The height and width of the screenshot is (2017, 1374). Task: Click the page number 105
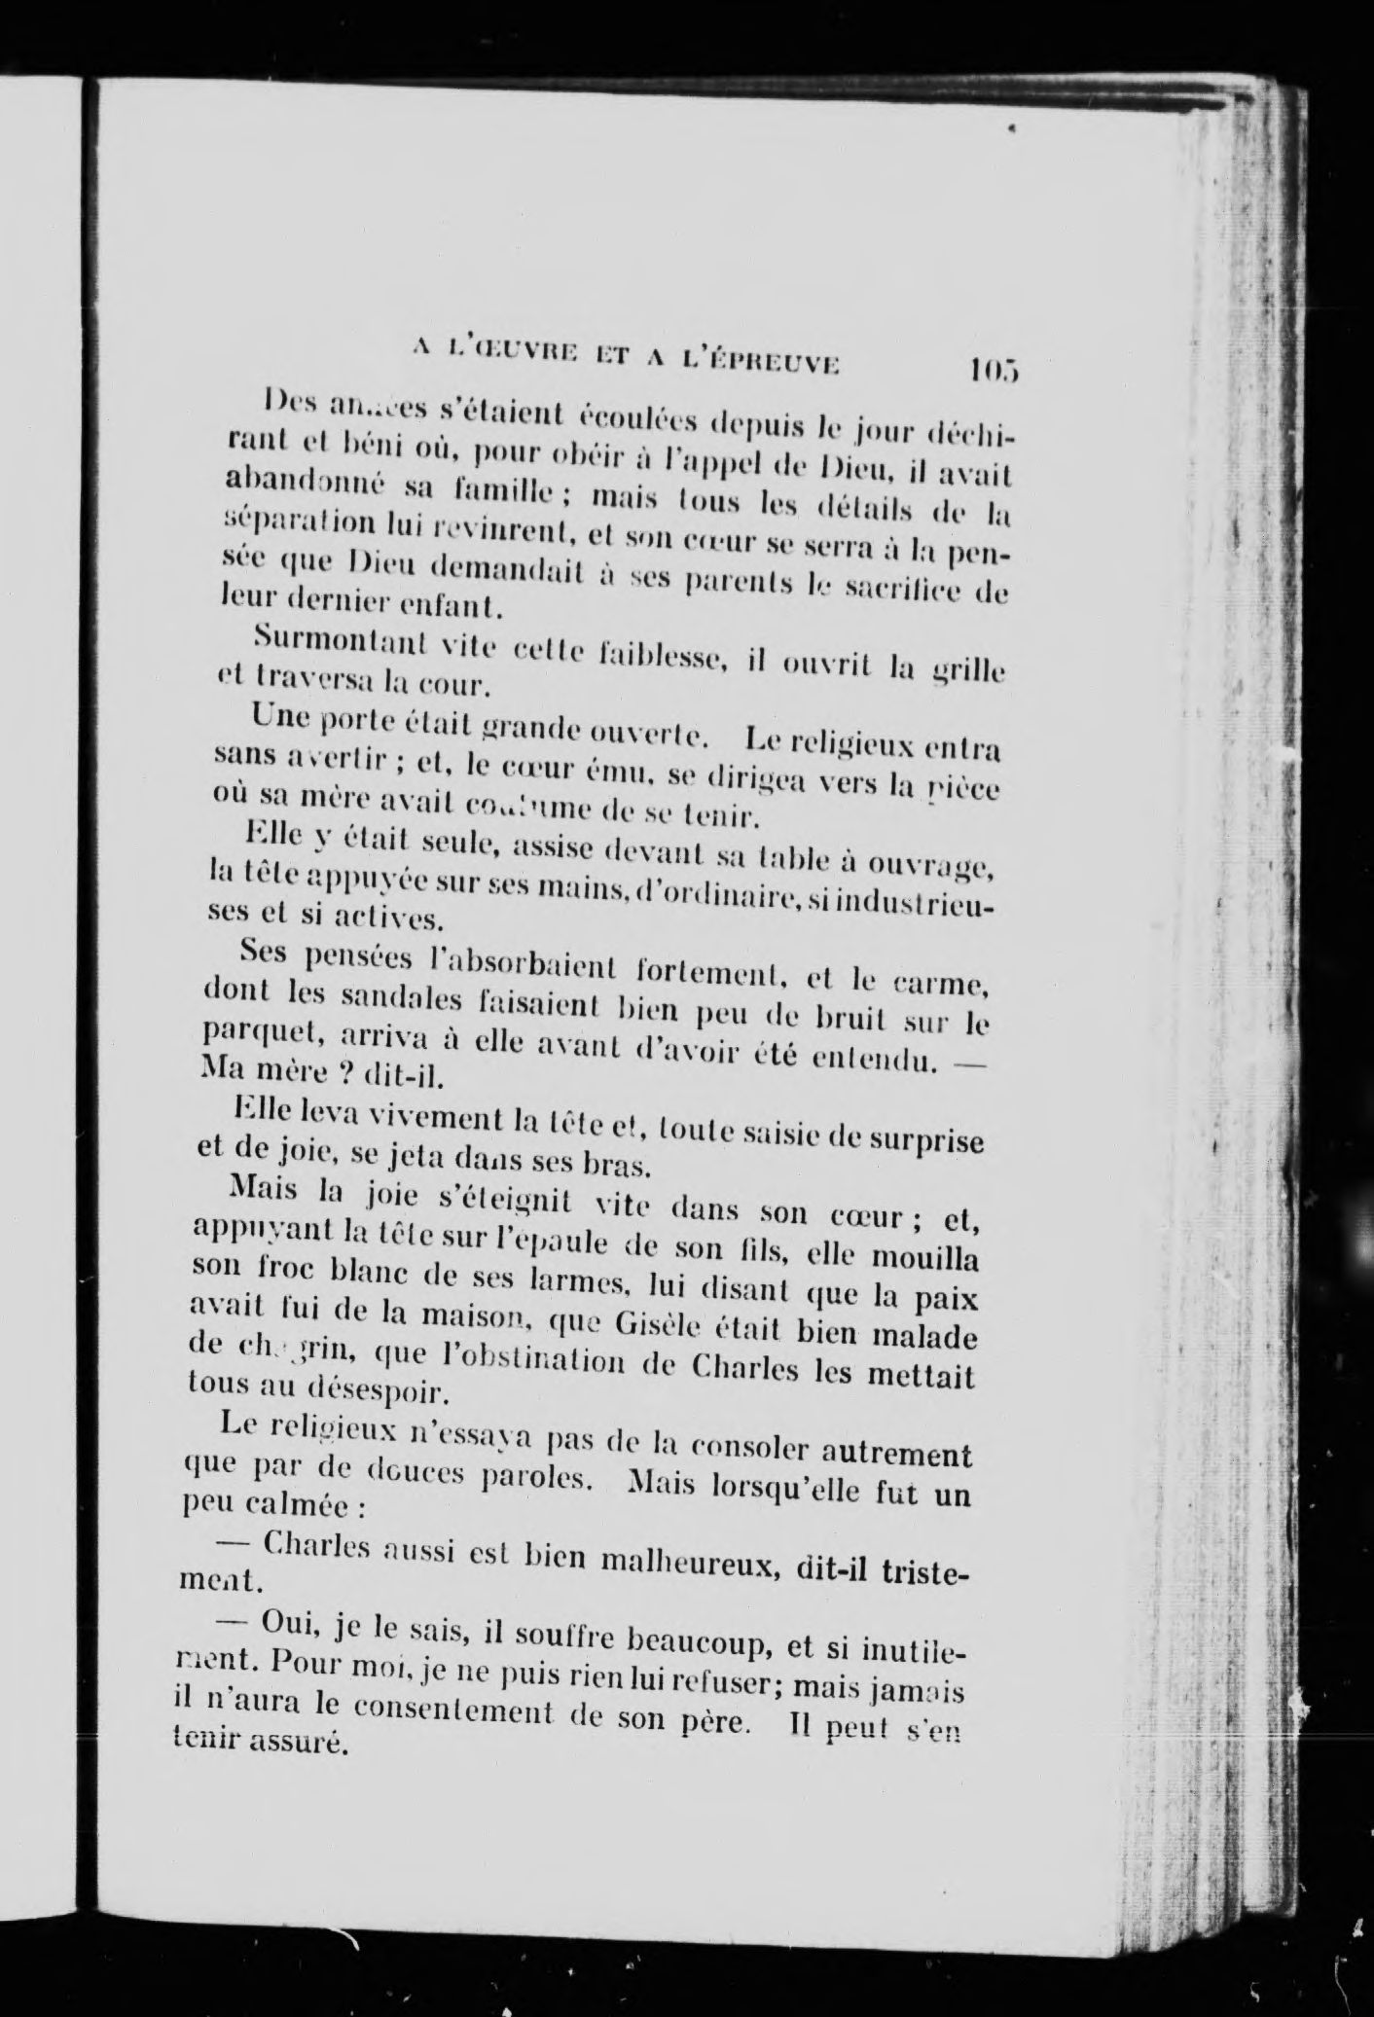click(x=992, y=371)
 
